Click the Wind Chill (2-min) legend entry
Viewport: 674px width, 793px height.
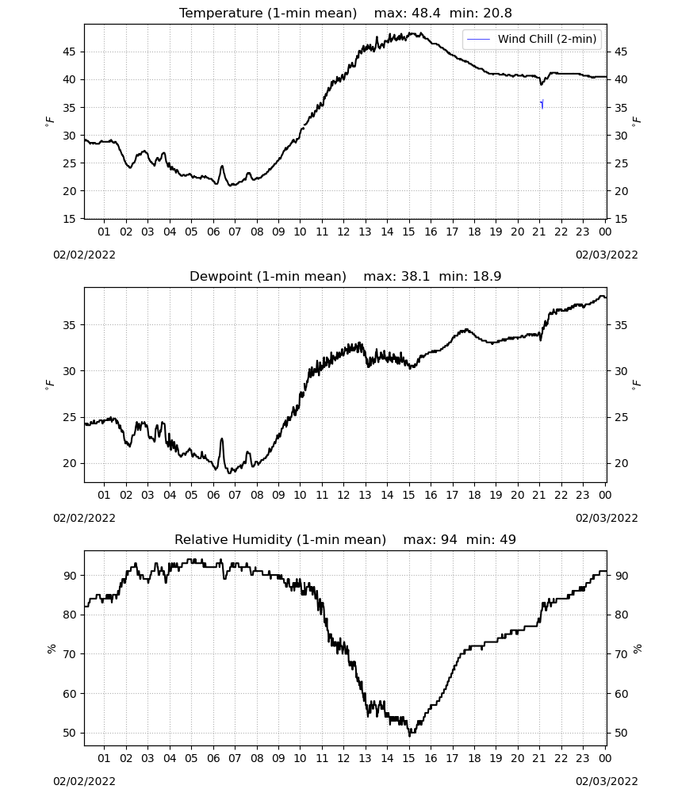(x=531, y=39)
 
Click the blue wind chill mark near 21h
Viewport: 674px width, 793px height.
(x=542, y=104)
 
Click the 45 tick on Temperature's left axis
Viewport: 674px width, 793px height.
(x=69, y=52)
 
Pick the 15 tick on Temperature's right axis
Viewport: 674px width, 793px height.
(x=621, y=219)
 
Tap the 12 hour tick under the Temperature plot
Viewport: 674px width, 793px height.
(x=343, y=232)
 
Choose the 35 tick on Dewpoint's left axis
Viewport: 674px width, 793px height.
(x=69, y=325)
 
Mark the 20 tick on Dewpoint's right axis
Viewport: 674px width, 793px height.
(x=621, y=463)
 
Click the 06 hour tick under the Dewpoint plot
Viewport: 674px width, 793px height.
(x=213, y=495)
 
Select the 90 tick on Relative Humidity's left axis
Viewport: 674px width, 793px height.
(x=69, y=576)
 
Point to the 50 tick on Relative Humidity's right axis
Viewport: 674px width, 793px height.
(x=621, y=733)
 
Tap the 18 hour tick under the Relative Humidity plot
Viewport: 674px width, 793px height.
(x=473, y=758)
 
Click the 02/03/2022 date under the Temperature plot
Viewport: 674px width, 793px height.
(x=607, y=255)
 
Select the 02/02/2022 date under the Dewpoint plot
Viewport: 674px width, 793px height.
(x=84, y=518)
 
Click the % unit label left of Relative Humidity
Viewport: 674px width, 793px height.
(x=52, y=649)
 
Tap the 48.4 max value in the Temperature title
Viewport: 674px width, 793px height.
(x=426, y=13)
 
